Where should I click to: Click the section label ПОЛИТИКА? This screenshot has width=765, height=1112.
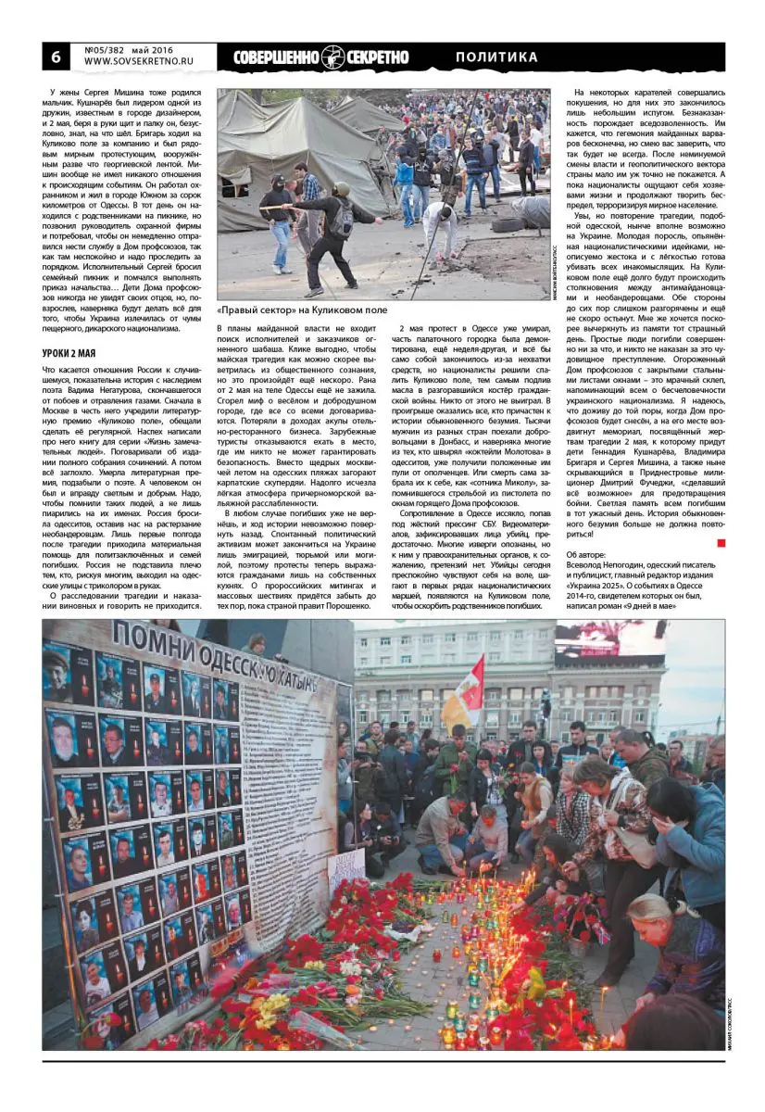point(496,57)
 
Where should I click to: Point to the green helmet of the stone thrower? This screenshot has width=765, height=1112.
point(341,189)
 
